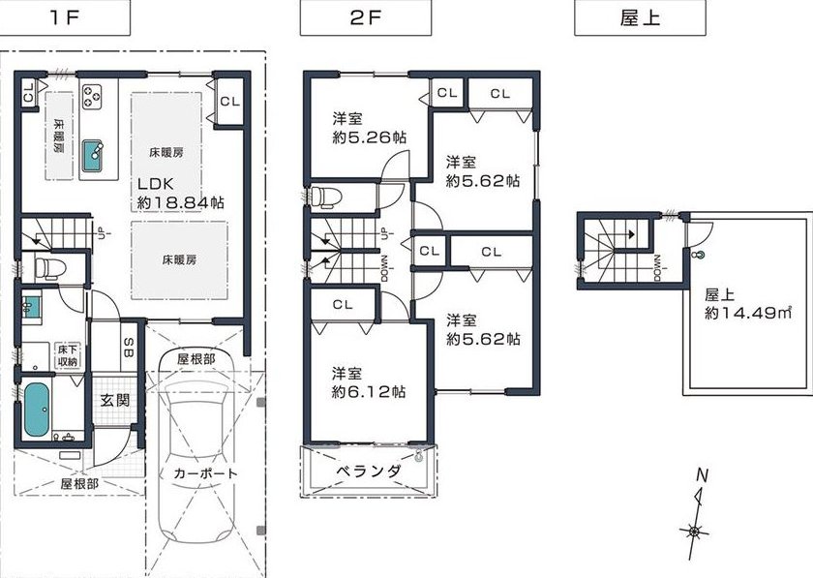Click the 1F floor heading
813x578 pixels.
coord(65,18)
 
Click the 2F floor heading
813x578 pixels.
coord(366,18)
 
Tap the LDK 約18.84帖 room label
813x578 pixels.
coord(180,194)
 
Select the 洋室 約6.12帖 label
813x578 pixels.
coord(368,382)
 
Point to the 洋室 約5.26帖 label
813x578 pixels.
coord(369,128)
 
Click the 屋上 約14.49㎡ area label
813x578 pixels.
coord(747,305)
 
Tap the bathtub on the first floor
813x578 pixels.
coord(37,410)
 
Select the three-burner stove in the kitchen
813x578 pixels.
coord(92,97)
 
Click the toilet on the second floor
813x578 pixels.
coord(325,198)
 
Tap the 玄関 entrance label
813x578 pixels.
coord(114,401)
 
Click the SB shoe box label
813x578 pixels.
coord(129,348)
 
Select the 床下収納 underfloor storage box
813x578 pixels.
coord(68,355)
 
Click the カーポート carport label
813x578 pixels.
coord(205,473)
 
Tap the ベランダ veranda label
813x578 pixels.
coord(368,472)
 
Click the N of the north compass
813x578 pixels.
coord(702,474)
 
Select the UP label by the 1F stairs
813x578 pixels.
coord(101,229)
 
